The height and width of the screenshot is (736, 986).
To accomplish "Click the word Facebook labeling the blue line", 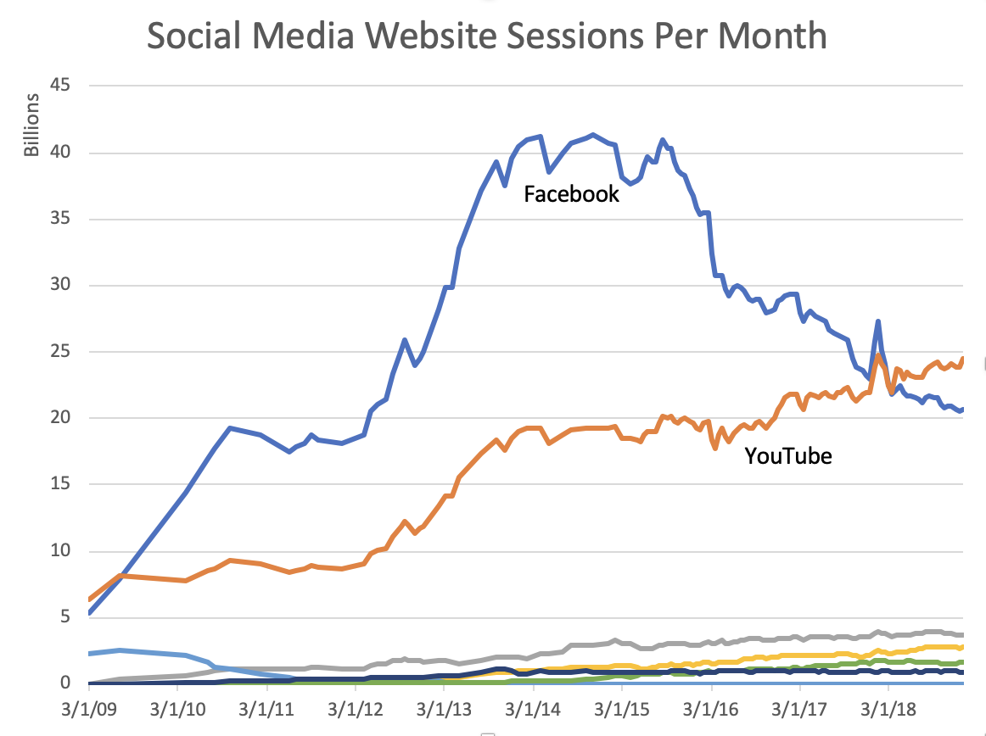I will [571, 194].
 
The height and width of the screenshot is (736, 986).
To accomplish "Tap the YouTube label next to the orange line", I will [788, 456].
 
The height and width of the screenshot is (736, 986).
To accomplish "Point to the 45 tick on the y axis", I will [60, 86].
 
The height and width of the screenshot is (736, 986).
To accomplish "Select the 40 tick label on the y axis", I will [60, 153].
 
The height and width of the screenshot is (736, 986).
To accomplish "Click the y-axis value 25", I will [60, 352].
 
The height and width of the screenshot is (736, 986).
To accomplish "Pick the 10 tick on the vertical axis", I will [60, 551].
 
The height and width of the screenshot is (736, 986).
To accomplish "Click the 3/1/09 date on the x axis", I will [88, 707].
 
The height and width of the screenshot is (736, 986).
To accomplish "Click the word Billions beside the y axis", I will [31, 125].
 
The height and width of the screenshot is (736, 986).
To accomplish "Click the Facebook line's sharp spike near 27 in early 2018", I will [877, 321].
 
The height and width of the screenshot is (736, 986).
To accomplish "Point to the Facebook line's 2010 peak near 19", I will [230, 428].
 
